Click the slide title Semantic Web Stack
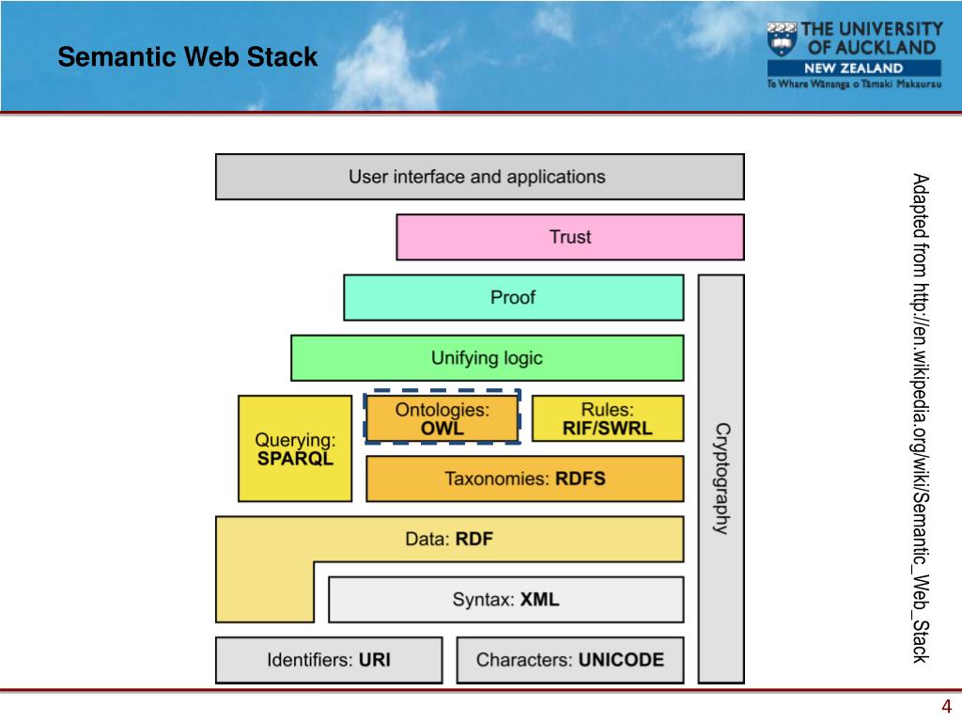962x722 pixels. click(188, 56)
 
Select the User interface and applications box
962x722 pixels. click(480, 177)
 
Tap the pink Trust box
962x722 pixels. click(570, 237)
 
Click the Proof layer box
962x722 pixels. click(514, 297)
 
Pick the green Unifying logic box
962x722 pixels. click(488, 358)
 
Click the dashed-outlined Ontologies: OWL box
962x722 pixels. click(442, 416)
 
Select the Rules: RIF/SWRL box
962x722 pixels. click(608, 418)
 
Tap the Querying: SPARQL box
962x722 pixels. click(295, 448)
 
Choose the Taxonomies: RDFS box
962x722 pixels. click(524, 479)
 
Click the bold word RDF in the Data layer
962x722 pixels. click(474, 539)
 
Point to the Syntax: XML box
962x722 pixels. click(506, 599)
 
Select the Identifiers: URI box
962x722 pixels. click(329, 660)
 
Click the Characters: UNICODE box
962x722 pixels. click(570, 660)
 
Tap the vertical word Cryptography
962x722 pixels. click(722, 479)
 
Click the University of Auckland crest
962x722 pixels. click(782, 39)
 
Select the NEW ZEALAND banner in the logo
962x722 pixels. click(854, 68)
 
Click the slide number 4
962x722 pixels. click(946, 706)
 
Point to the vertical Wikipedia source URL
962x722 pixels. click(921, 418)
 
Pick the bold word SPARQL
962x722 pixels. click(295, 459)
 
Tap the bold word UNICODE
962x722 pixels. click(621, 660)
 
